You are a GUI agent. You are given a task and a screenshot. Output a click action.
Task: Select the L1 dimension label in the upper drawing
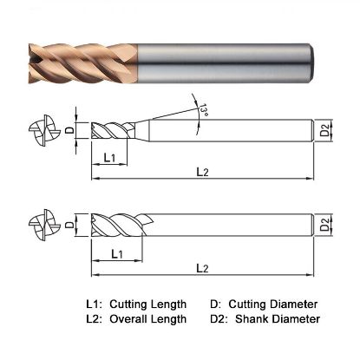(x=110, y=158)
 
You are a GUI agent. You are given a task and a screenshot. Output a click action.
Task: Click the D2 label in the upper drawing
(x=322, y=133)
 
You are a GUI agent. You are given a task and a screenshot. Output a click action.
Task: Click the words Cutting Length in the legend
(x=152, y=304)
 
